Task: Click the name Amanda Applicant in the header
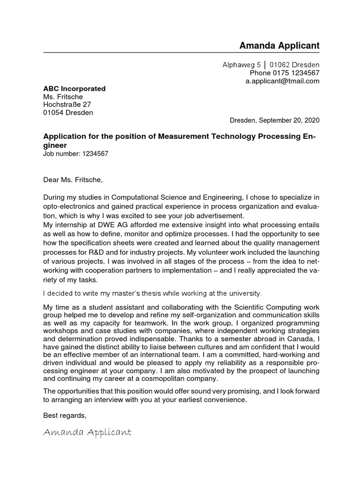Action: (x=279, y=45)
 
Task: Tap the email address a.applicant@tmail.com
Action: (x=282, y=81)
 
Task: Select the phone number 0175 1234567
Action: (x=296, y=73)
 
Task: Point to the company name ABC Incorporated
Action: (x=74, y=89)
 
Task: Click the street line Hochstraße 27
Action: (x=67, y=105)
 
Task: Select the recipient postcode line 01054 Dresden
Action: (x=68, y=113)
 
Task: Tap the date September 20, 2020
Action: (x=289, y=120)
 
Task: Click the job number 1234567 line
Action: (x=76, y=154)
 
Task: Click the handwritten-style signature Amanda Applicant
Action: (x=87, y=432)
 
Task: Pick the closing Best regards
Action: (x=65, y=415)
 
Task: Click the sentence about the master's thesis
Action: (x=152, y=294)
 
